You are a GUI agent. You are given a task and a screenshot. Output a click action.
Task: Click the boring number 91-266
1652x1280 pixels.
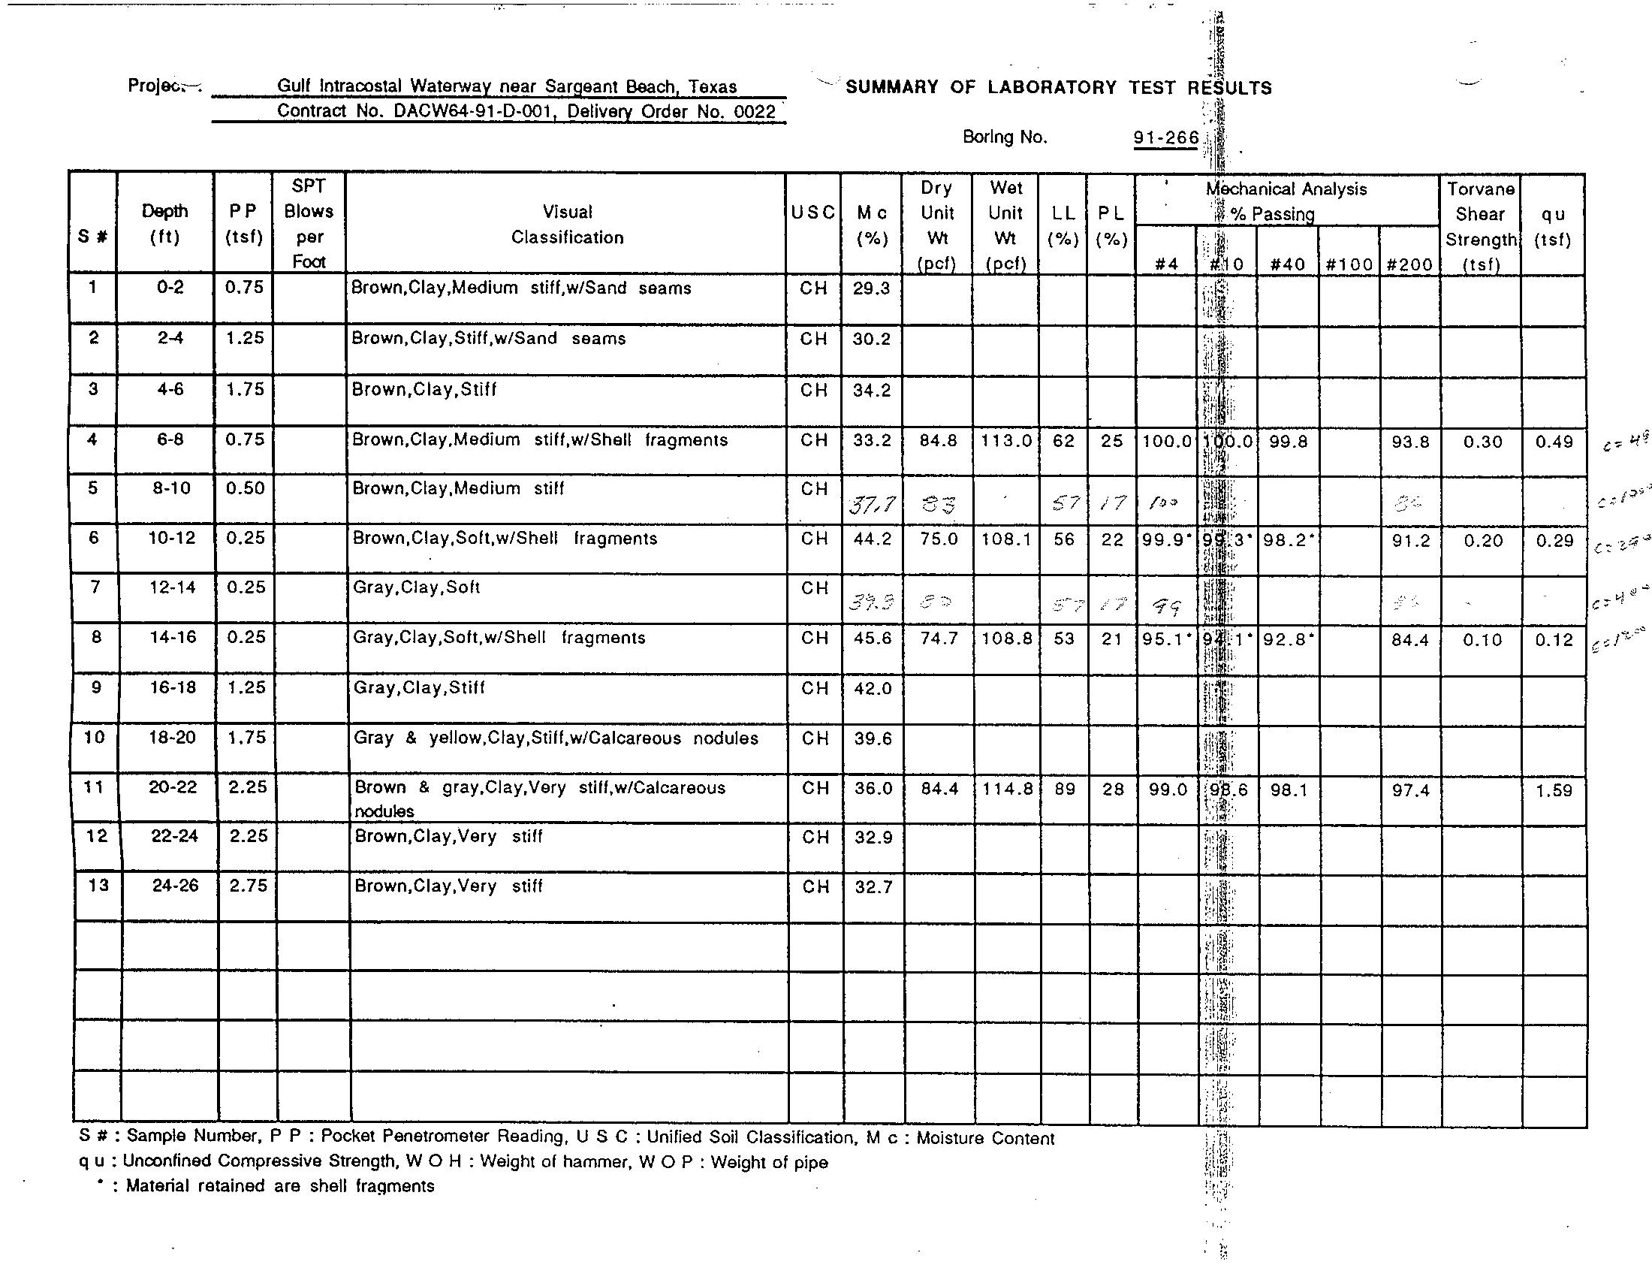tap(1165, 137)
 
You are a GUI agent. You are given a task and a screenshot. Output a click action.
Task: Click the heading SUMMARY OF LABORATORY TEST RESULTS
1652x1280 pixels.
tap(1058, 88)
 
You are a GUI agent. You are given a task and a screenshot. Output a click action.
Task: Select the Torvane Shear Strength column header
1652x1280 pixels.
tap(1480, 225)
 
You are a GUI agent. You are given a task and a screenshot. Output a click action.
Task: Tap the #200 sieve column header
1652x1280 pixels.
tap(1409, 264)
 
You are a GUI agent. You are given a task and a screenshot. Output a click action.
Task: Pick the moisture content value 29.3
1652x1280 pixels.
tap(871, 288)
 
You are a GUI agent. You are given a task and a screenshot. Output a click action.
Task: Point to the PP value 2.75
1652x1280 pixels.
tap(248, 886)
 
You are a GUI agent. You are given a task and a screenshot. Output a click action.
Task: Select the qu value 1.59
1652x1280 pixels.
tap(1554, 790)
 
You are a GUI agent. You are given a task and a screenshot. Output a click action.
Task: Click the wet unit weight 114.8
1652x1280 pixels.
tap(1007, 789)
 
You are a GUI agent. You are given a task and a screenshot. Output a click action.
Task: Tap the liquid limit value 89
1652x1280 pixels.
tap(1064, 789)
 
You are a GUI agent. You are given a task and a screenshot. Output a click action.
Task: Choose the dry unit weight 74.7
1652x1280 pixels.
tap(938, 638)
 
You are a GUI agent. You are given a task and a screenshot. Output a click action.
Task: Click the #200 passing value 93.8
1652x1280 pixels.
tap(1410, 442)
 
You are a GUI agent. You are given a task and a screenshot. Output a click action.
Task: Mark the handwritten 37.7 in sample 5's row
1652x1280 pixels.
tap(871, 504)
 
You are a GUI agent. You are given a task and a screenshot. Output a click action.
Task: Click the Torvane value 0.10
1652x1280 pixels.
tap(1482, 640)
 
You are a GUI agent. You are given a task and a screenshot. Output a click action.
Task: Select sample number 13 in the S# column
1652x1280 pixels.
tap(98, 885)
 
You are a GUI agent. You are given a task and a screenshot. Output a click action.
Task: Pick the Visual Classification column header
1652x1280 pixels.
tap(566, 225)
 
